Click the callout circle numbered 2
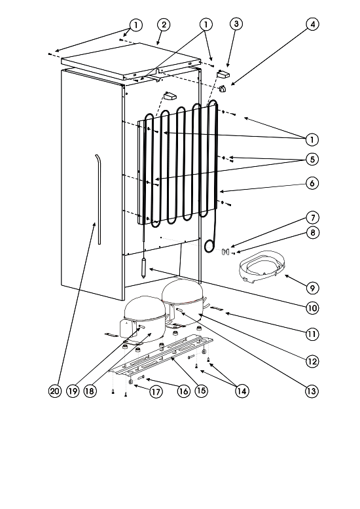tap(164, 25)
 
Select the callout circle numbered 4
tap(313, 24)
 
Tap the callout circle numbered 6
tap(312, 183)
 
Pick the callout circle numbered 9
tap(312, 288)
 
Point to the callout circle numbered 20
tap(55, 391)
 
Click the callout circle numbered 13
tap(312, 391)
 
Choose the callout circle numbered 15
tap(202, 391)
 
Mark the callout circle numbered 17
tap(156, 392)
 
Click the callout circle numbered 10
tap(312, 307)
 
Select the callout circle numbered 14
tap(242, 391)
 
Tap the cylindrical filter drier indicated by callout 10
tap(143, 266)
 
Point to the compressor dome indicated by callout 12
tap(183, 302)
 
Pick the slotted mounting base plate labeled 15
tap(161, 357)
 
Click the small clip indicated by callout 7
tap(225, 252)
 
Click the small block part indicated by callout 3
tap(223, 74)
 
